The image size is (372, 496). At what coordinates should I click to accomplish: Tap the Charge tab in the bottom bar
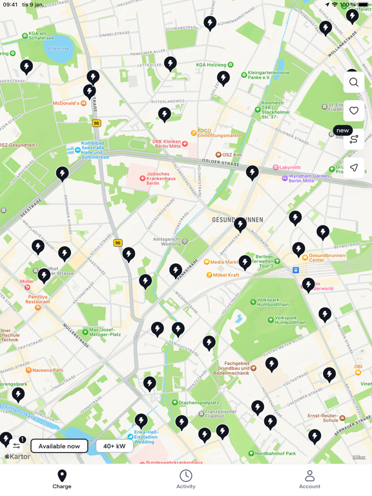tap(62, 479)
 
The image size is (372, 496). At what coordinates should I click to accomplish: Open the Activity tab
tap(186, 479)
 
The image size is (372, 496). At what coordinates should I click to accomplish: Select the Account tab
tap(309, 479)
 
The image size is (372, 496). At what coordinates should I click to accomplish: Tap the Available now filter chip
tap(59, 446)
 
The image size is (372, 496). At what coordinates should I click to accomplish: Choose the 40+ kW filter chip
tap(114, 446)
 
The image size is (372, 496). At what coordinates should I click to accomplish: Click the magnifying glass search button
tap(354, 82)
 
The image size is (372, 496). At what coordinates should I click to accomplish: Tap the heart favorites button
tap(354, 110)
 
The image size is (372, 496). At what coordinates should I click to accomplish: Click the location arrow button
tap(354, 168)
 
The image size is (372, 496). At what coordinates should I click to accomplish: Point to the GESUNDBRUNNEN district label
tap(237, 220)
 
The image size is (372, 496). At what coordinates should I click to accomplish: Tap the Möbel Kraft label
tap(225, 275)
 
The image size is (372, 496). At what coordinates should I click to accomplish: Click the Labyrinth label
tap(290, 168)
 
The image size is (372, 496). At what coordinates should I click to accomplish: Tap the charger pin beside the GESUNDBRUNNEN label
tap(240, 223)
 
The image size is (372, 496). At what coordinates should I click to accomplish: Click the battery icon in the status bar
tap(364, 5)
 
